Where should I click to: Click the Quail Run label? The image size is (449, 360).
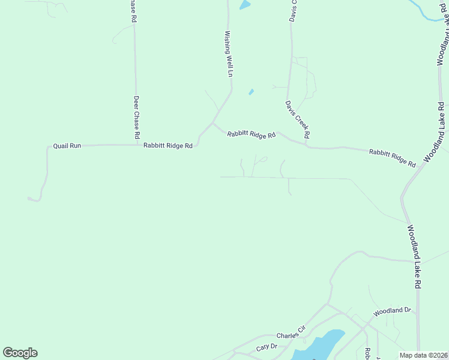pyautogui.click(x=67, y=146)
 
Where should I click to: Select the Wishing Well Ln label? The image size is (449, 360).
pyautogui.click(x=229, y=55)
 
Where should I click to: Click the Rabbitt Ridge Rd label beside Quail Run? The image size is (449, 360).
pyautogui.click(x=167, y=146)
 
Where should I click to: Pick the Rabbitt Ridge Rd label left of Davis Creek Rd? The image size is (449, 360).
pyautogui.click(x=251, y=135)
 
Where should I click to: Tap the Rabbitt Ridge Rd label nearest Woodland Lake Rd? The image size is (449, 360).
pyautogui.click(x=392, y=158)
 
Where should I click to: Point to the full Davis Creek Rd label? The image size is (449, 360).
pyautogui.click(x=297, y=118)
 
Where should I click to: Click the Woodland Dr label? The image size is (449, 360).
pyautogui.click(x=392, y=312)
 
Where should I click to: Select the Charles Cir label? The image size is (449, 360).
pyautogui.click(x=291, y=332)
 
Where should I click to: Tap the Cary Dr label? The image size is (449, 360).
pyautogui.click(x=267, y=347)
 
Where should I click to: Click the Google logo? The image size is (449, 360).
pyautogui.click(x=20, y=353)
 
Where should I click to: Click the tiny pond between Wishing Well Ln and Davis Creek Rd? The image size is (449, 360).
pyautogui.click(x=251, y=92)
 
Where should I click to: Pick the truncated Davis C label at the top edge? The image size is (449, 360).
pyautogui.click(x=294, y=10)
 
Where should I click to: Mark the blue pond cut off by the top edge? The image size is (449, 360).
pyautogui.click(x=244, y=4)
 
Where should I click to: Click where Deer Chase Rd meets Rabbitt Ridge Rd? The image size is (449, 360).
pyautogui.click(x=136, y=145)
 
